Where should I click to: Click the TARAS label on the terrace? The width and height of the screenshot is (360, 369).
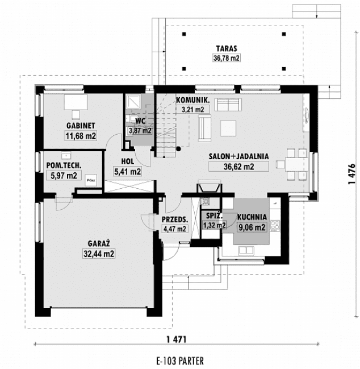point(225,49)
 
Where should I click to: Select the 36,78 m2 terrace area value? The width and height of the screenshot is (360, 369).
point(225,58)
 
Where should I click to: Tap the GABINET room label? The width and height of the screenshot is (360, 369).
point(80,126)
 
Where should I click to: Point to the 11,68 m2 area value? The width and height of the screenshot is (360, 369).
point(80,136)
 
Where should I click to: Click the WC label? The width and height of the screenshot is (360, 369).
point(140,121)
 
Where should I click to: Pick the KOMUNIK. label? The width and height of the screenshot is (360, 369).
point(193,100)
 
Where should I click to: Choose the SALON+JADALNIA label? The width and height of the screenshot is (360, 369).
point(238,155)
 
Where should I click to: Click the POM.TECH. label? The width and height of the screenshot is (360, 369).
point(63,165)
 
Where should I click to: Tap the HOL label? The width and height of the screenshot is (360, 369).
point(127,161)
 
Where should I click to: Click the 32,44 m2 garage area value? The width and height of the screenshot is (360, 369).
point(97,254)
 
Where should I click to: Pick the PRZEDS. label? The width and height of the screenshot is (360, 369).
point(175,219)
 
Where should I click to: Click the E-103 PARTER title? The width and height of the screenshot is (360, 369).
point(179,361)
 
